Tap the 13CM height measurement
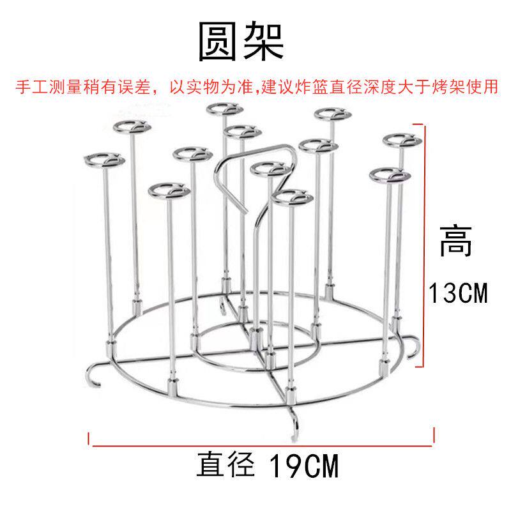click(x=457, y=294)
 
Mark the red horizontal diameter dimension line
click(x=262, y=441)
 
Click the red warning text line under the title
click(x=256, y=88)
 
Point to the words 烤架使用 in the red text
click(x=469, y=88)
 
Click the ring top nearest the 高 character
click(x=390, y=174)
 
